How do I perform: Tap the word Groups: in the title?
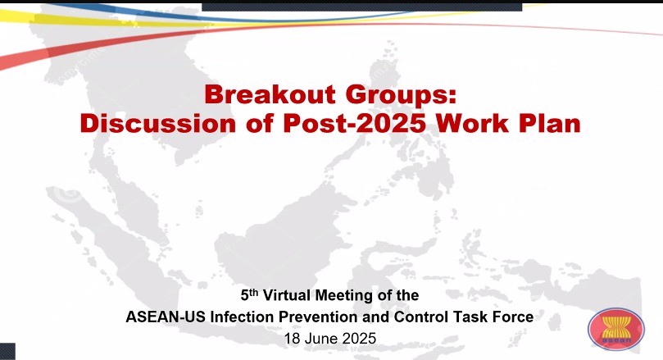pos(402,95)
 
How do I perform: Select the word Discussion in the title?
pos(157,123)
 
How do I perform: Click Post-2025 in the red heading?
pos(354,123)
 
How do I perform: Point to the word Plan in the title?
pos(550,123)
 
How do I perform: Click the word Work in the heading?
pos(472,123)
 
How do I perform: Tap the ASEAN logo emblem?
pos(616,329)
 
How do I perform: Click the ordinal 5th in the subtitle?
pos(249,294)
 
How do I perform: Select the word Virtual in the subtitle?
pos(288,295)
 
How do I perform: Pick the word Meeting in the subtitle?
pos(344,295)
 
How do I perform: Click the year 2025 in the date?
pos(359,339)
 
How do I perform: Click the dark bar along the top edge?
pos(362,7)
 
